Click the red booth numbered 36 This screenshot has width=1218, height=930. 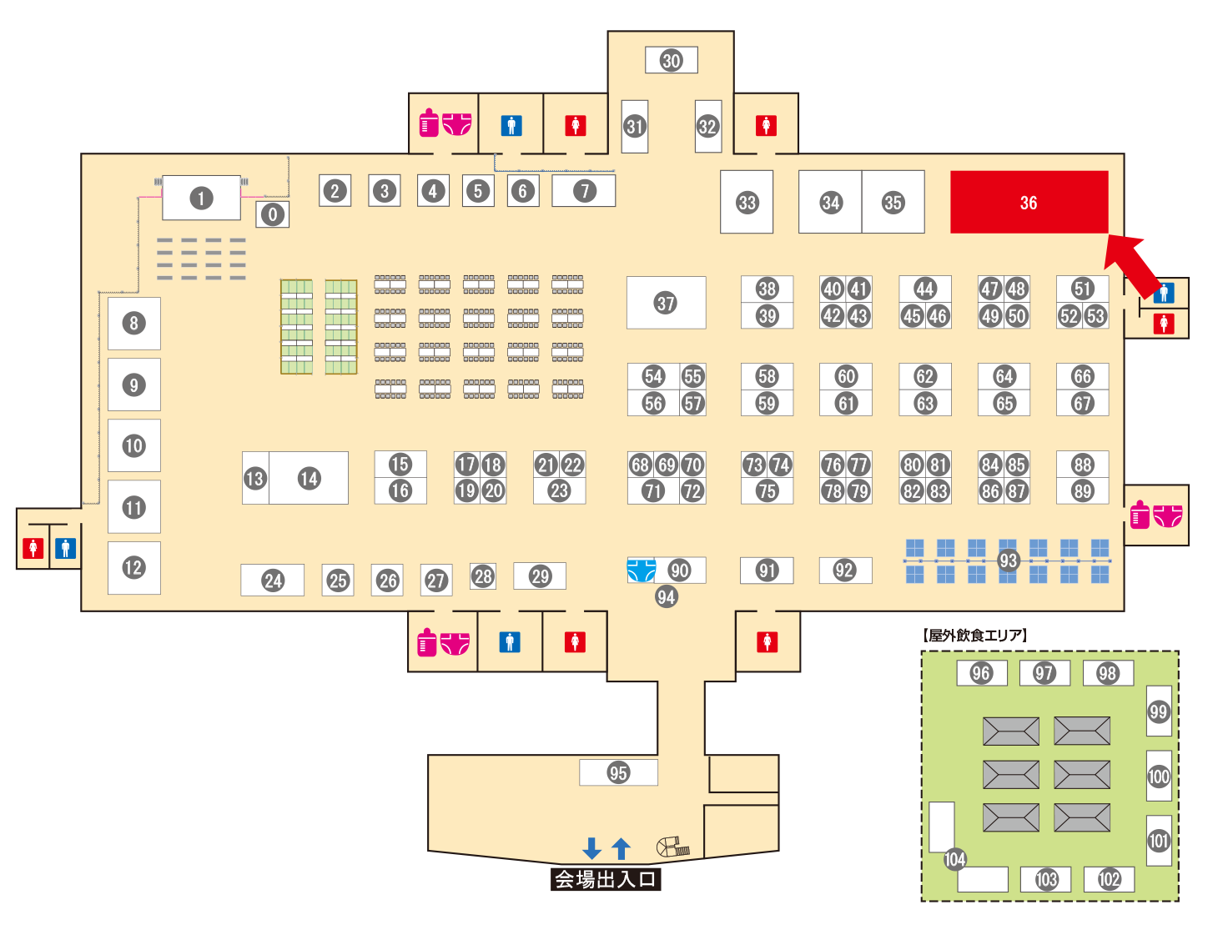(x=1029, y=203)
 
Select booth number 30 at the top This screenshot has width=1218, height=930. (x=672, y=60)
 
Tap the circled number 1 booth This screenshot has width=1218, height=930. (x=201, y=199)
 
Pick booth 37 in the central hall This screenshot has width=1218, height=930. (x=666, y=303)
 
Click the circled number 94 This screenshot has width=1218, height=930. (x=666, y=596)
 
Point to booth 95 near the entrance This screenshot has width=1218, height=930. (x=618, y=772)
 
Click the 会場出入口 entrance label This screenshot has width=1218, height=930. (x=606, y=879)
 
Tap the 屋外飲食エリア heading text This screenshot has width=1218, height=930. (x=975, y=636)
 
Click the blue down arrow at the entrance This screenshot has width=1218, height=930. (x=591, y=848)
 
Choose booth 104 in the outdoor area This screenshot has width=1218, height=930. (x=954, y=859)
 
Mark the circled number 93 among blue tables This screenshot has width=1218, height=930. (x=1009, y=561)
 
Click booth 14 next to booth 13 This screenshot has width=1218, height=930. (x=310, y=478)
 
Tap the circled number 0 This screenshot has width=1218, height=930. (x=273, y=214)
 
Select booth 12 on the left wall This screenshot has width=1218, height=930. (x=133, y=567)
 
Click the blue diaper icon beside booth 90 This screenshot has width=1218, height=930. (x=641, y=571)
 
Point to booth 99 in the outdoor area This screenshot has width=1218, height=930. (x=1159, y=711)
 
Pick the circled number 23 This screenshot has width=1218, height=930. (x=559, y=491)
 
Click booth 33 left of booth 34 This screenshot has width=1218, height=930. (x=747, y=202)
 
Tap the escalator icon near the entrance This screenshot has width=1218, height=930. (x=672, y=847)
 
